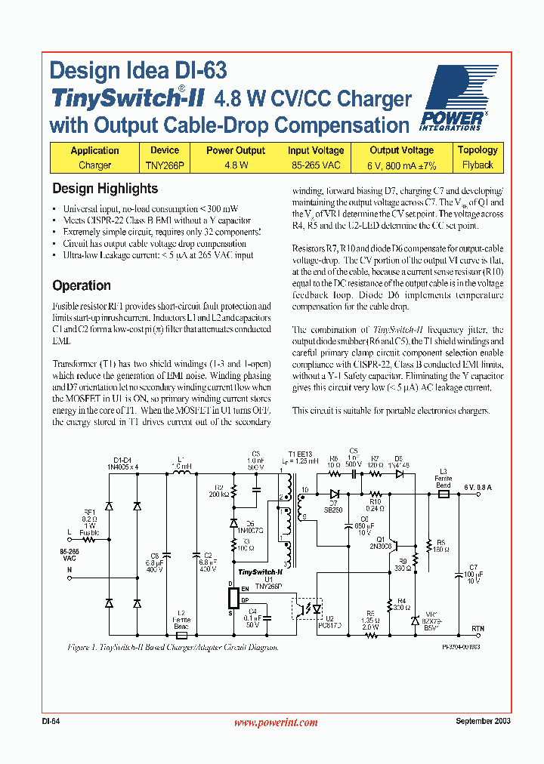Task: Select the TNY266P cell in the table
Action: click(x=164, y=165)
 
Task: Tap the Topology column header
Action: click(x=478, y=150)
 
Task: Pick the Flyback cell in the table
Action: click(x=478, y=165)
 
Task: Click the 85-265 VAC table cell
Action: click(x=316, y=165)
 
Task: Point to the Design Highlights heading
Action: click(x=105, y=189)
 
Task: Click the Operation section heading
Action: click(x=82, y=285)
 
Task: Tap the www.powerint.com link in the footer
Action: click(x=276, y=722)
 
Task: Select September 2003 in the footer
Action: click(x=483, y=721)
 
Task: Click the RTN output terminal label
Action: click(x=478, y=628)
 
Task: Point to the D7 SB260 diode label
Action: click(x=333, y=507)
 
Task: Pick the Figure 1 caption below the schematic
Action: click(x=173, y=647)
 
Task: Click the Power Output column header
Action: click(x=236, y=150)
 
